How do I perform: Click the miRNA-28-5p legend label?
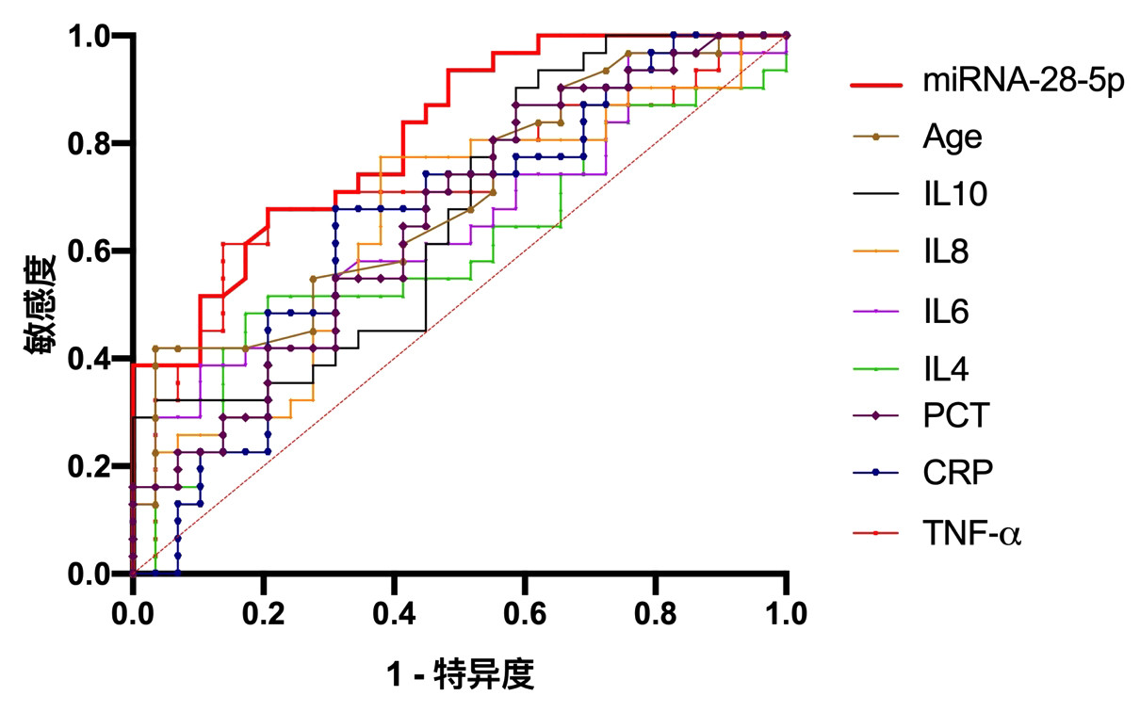pos(1023,83)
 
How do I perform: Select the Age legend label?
pos(952,138)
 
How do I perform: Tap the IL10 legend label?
pos(955,195)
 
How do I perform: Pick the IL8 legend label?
pos(946,251)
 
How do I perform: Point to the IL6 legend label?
pos(946,310)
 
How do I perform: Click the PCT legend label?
pos(955,415)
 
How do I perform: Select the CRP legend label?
pos(957,473)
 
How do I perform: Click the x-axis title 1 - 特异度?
pos(460,674)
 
